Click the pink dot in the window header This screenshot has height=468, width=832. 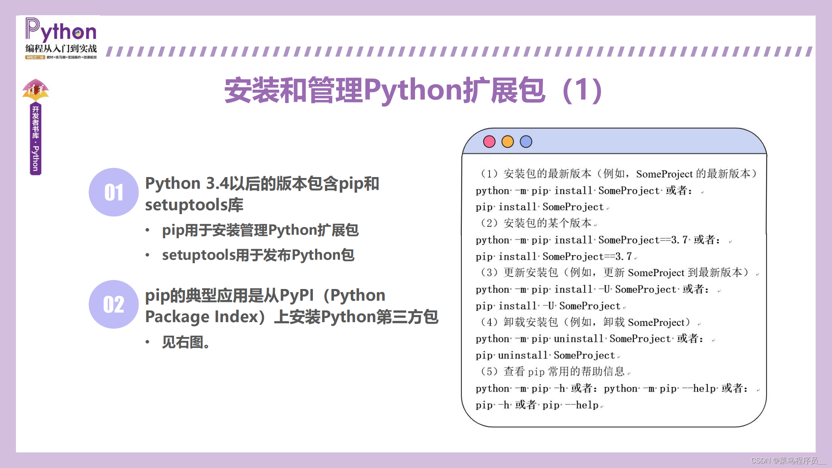point(489,142)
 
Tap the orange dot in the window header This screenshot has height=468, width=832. point(507,142)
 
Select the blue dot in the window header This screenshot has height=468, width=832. point(526,142)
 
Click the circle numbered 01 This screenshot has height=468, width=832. point(114,192)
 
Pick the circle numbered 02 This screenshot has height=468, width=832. point(114,304)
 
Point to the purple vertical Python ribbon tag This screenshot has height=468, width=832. point(35,138)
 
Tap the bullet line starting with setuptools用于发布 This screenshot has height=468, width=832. point(258,255)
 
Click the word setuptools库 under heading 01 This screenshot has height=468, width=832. point(194,205)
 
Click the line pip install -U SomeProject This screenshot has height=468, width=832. point(548,306)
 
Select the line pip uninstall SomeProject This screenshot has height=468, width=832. point(545,355)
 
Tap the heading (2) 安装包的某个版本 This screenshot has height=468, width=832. point(536,223)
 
